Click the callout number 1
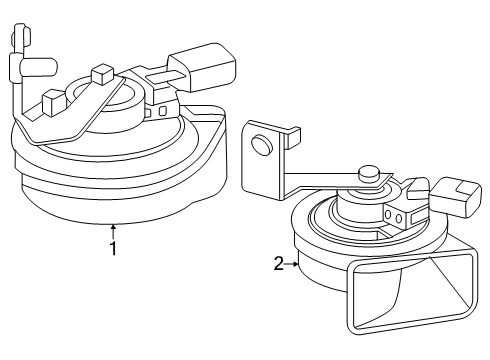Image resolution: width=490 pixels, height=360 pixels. click(114, 249)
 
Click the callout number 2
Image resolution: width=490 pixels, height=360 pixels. click(278, 264)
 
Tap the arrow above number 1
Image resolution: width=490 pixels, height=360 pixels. click(114, 232)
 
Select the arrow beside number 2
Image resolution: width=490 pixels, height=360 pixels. click(292, 264)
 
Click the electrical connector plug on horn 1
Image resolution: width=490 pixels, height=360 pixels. click(202, 66)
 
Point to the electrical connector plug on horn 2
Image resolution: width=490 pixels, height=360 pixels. click(456, 197)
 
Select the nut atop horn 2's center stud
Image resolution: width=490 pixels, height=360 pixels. click(369, 175)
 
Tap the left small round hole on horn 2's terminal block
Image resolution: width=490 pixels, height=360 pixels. click(388, 215)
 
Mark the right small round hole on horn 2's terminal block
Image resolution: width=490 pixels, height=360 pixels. click(399, 218)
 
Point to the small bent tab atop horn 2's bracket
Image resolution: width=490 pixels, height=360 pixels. click(292, 137)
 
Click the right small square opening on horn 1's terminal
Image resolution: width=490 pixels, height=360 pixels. click(163, 111)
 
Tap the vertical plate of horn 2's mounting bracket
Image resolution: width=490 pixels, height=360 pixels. click(264, 160)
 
